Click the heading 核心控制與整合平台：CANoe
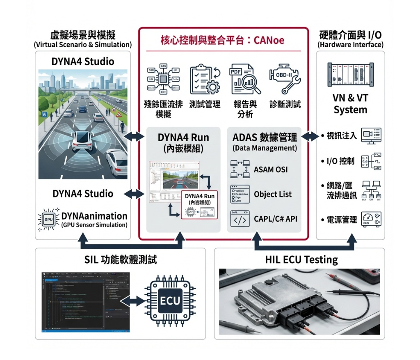pos(222,41)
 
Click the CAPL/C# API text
pos(275,219)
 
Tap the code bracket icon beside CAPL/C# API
pos(240,219)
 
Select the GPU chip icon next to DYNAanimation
pos(49,219)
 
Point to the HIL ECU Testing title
pos(301,259)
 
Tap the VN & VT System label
pos(350,104)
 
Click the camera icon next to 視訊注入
pos(371,135)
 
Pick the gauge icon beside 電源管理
pos(371,219)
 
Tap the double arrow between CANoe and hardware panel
pos(311,135)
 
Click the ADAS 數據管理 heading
pos(265,138)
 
